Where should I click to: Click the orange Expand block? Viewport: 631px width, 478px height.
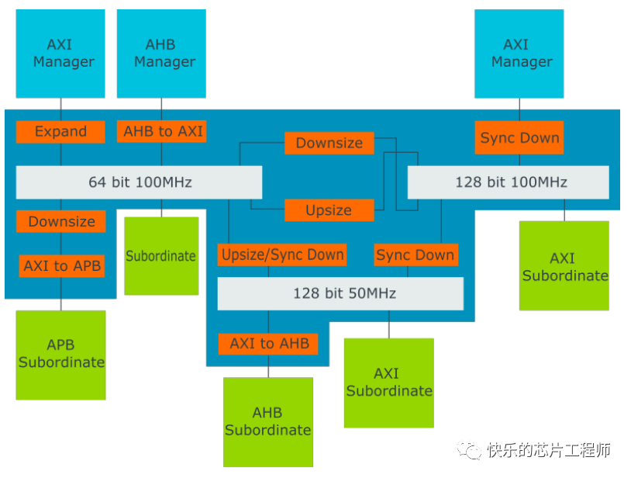pos(60,131)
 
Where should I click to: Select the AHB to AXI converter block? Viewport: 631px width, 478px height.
pos(163,131)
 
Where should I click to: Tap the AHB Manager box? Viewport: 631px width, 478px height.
pos(161,54)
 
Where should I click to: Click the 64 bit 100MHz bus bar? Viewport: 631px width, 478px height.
pos(139,182)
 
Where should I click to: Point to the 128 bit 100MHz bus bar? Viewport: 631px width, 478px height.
pos(509,182)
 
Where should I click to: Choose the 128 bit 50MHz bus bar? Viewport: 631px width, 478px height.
pos(340,293)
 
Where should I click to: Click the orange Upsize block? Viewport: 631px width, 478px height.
pos(329,210)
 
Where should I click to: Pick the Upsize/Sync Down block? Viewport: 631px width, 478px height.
pos(282,255)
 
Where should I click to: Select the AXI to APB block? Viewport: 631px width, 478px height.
pos(62,265)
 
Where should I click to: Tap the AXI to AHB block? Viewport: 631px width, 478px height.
pos(269,343)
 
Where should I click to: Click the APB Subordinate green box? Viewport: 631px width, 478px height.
pos(61,355)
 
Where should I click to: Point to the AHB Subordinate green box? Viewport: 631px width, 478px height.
pos(268,421)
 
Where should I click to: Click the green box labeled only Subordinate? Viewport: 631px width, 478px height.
pos(161,255)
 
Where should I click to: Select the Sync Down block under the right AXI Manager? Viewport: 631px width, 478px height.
pos(519,138)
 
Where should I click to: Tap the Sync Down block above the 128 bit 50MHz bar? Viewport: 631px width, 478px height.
pos(415,255)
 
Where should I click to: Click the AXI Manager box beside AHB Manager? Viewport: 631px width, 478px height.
pos(60,54)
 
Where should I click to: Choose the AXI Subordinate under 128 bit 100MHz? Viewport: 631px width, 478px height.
pos(564,266)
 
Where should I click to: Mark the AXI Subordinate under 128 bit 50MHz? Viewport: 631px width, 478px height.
pos(389,383)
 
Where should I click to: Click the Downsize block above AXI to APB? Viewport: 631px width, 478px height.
pos(61,221)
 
